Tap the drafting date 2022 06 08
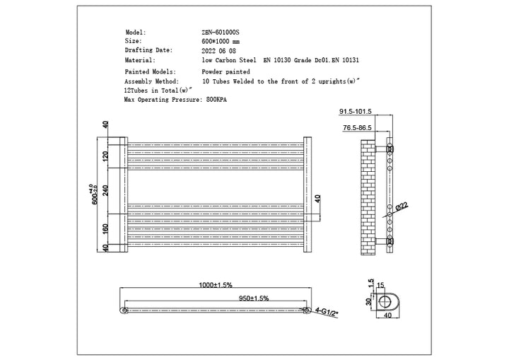(x=218, y=51)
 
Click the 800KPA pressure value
(x=223, y=100)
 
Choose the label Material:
(x=140, y=60)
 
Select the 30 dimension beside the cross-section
(x=367, y=303)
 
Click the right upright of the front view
(x=307, y=193)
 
